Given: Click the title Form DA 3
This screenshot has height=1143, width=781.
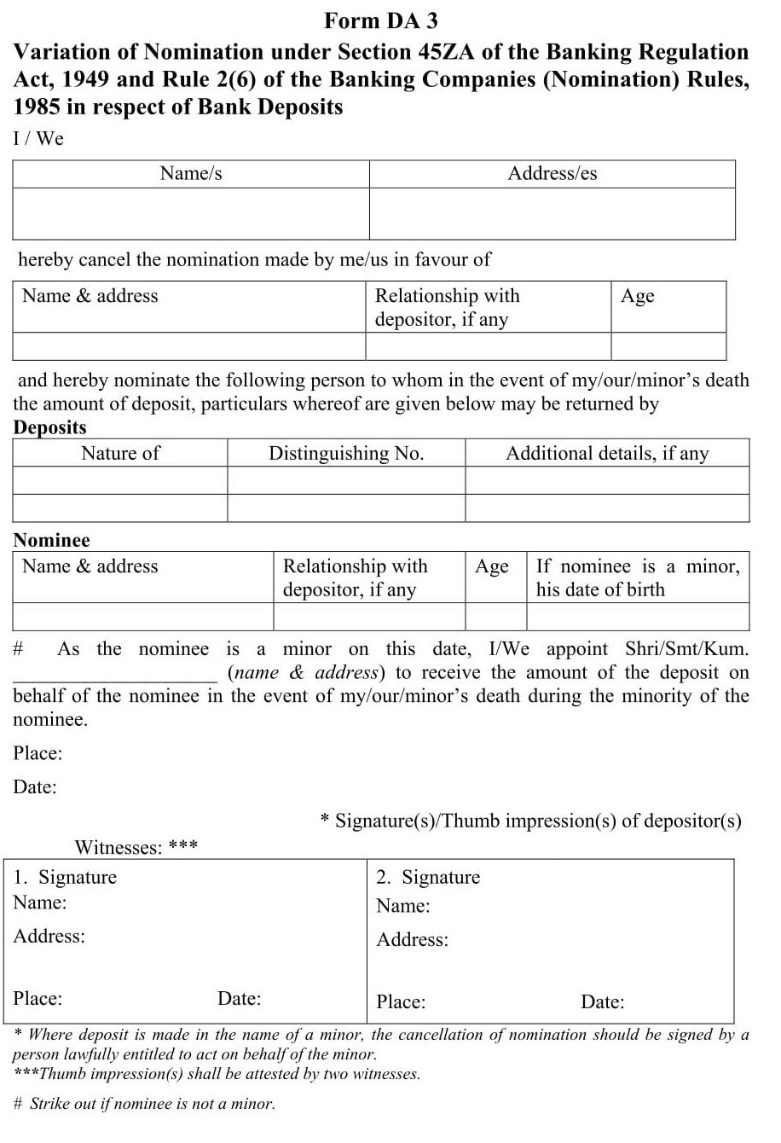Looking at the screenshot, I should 381,20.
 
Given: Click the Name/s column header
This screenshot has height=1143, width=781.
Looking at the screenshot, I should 191,173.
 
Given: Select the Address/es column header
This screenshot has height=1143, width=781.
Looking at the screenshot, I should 552,173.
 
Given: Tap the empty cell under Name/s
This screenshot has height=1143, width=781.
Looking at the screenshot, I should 191,213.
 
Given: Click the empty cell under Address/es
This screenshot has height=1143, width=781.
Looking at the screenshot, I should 552,213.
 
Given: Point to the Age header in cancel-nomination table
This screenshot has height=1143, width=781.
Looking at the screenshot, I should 638,296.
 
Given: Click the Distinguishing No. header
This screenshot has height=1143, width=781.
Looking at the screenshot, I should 346,453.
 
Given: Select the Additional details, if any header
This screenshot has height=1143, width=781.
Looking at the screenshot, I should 607,453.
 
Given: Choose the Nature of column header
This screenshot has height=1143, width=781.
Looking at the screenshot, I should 120,453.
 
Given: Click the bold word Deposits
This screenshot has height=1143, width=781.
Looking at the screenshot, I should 49,427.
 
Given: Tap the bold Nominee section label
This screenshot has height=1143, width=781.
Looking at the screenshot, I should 51,540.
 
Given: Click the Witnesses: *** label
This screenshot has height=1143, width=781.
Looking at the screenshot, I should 136,847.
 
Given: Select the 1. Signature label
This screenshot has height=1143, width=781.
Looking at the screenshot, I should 66,877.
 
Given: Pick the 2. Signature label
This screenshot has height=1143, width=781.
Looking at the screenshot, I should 429,877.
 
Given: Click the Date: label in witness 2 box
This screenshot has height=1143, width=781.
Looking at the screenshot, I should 602,1001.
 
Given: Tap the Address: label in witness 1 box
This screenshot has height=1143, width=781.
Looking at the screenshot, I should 49,936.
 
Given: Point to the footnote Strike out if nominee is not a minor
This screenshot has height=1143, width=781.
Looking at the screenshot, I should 145,1104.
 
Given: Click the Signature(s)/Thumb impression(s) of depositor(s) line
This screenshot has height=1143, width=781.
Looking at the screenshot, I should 530,821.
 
